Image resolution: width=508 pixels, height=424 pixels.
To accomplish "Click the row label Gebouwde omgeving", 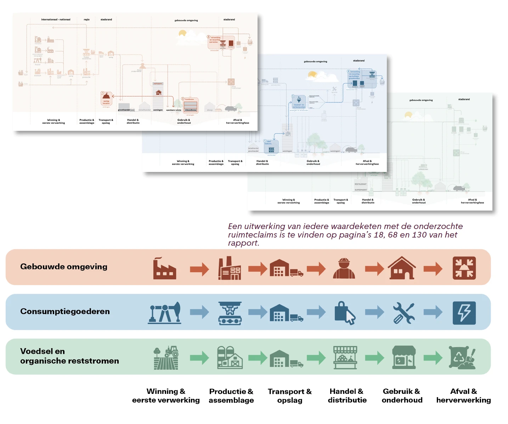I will click(x=64, y=267).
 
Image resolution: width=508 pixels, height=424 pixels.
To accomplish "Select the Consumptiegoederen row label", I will click(x=65, y=311).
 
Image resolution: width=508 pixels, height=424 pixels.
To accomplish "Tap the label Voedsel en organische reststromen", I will click(x=69, y=356).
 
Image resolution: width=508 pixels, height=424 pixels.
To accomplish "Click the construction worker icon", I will click(x=344, y=268).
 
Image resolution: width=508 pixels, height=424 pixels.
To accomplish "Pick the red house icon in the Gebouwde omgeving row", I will click(x=402, y=268).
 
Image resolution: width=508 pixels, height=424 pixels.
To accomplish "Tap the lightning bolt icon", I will click(x=464, y=313).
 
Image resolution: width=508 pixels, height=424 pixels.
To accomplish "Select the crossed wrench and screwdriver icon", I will click(x=403, y=313).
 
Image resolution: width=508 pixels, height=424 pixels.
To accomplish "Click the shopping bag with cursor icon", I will click(x=345, y=313).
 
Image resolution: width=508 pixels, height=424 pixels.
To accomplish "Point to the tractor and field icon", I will click(x=166, y=358).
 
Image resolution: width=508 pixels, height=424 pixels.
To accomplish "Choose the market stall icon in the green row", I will click(x=345, y=358).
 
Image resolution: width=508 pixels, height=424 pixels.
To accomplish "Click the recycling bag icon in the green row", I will click(x=462, y=358).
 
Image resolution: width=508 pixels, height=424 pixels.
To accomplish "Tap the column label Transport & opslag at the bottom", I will click(x=290, y=396).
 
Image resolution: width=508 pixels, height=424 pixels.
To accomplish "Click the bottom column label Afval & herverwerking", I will click(x=463, y=396).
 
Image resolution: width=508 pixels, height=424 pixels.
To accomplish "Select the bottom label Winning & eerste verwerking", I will click(x=166, y=396).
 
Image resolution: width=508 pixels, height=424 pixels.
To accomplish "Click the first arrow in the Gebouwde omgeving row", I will click(x=199, y=269).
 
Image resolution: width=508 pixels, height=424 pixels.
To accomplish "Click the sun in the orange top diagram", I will click(x=182, y=33).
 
